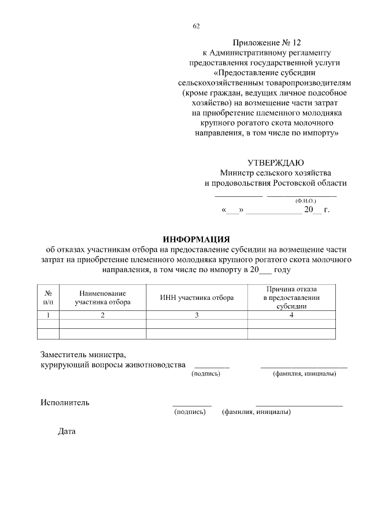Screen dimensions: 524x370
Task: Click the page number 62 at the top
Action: (x=196, y=26)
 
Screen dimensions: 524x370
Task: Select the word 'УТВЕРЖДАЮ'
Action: (x=276, y=163)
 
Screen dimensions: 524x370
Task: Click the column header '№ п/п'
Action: (x=49, y=298)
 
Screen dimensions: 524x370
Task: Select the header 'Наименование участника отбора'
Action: (x=102, y=298)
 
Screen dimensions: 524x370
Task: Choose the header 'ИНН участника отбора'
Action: (x=197, y=298)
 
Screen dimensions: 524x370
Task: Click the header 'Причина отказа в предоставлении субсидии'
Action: (x=291, y=298)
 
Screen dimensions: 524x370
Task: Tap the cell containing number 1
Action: (x=49, y=315)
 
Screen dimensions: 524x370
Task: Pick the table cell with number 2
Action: (x=102, y=315)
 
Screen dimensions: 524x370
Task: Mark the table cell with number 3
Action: (x=197, y=315)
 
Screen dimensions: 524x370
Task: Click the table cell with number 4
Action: (x=291, y=315)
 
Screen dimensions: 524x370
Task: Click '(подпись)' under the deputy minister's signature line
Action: (x=206, y=374)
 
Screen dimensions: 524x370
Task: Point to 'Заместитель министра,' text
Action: (x=83, y=354)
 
